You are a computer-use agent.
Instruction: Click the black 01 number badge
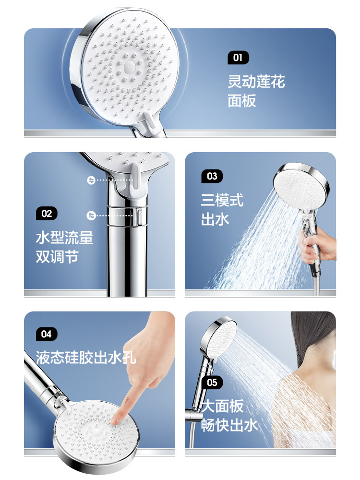click(238, 58)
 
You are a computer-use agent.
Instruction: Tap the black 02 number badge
click(47, 214)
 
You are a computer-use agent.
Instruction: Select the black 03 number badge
click(212, 176)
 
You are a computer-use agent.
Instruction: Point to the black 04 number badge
click(47, 334)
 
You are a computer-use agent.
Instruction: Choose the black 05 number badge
click(212, 383)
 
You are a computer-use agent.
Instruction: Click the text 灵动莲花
click(256, 82)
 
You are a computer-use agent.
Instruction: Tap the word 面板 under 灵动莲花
click(242, 101)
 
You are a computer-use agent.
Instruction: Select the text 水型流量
click(65, 238)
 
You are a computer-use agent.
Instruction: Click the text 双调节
click(57, 256)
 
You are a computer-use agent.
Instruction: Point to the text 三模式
click(222, 200)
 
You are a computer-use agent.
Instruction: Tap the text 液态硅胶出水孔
click(86, 357)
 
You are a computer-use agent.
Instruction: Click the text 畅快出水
click(229, 425)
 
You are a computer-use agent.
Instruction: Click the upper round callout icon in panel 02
click(91, 180)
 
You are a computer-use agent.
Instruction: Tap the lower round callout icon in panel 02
click(91, 216)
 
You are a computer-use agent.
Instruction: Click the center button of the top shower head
click(130, 66)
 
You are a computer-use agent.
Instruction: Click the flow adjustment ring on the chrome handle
click(126, 216)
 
